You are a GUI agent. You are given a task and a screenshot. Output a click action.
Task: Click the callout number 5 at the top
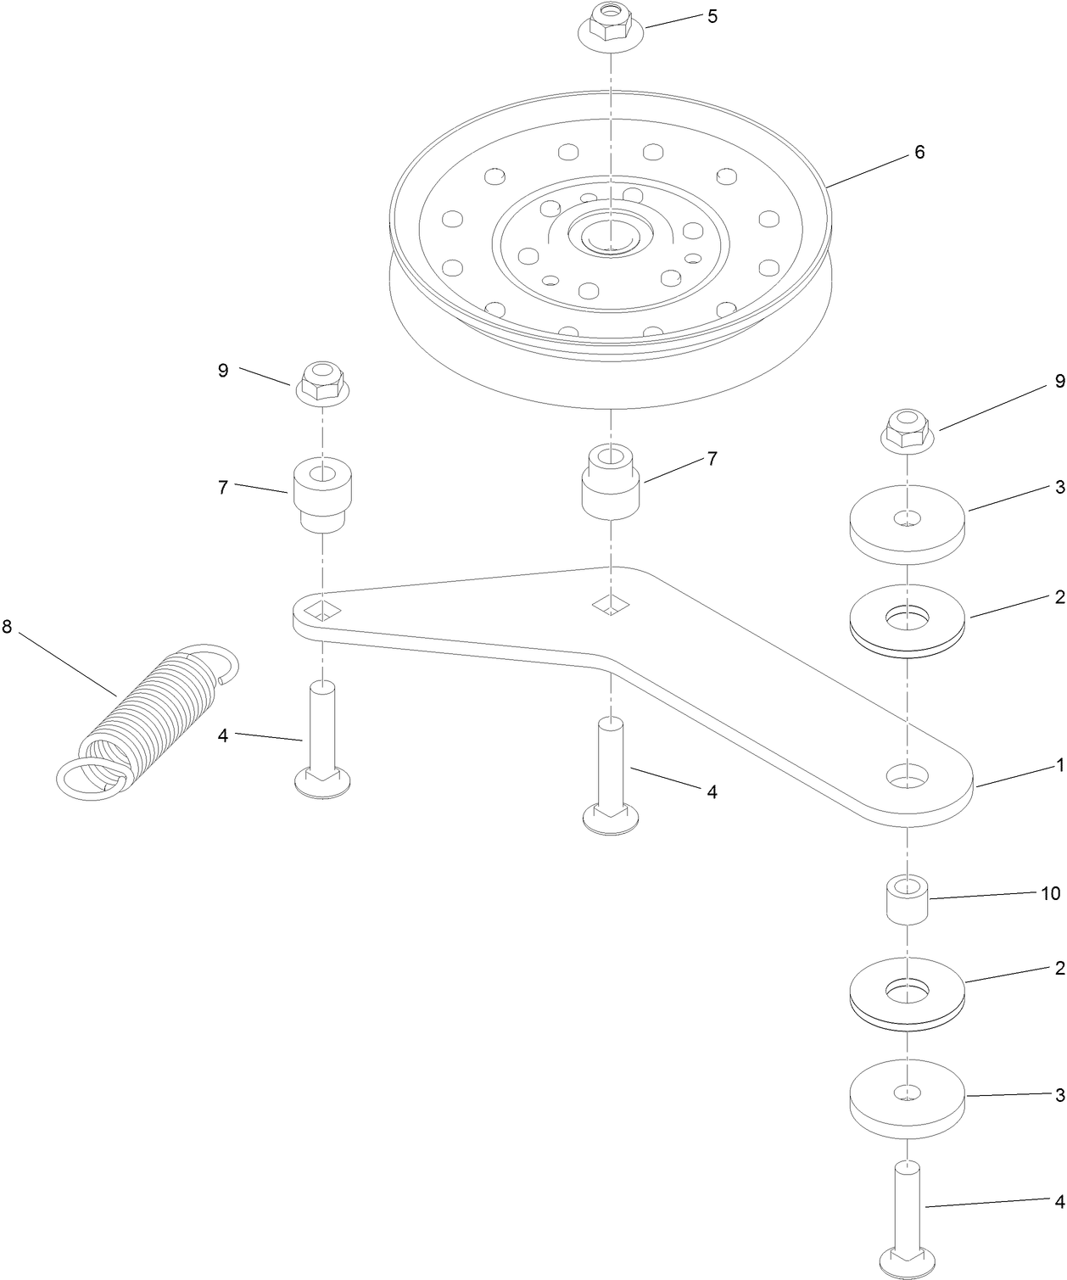[712, 16]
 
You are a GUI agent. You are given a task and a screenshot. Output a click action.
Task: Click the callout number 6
[919, 153]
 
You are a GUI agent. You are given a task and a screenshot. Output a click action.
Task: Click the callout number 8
[8, 627]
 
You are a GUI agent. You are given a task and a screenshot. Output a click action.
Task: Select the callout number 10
[1050, 893]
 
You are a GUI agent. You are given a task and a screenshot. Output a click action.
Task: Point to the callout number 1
[1059, 765]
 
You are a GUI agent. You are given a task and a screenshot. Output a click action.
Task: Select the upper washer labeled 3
[908, 524]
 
